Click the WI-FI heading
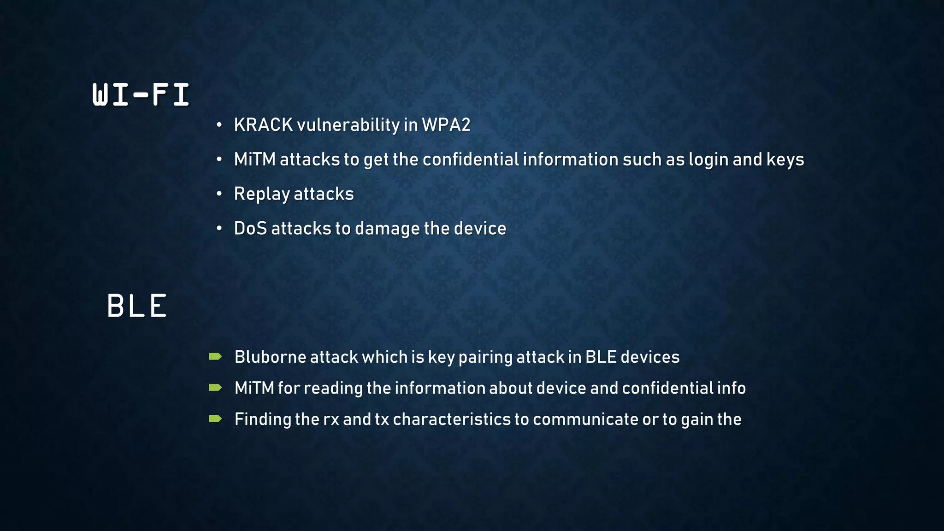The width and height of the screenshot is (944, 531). [x=141, y=95]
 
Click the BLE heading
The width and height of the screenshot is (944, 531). [x=137, y=306]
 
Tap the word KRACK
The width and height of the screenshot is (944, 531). [x=263, y=125]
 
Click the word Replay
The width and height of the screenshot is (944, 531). [x=262, y=194]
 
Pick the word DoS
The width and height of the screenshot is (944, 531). [x=250, y=229]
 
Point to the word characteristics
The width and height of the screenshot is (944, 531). [x=452, y=419]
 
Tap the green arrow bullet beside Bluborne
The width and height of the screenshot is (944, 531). [x=215, y=356]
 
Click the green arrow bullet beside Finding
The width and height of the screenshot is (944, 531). [x=215, y=419]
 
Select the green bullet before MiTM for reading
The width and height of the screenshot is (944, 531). [x=215, y=387]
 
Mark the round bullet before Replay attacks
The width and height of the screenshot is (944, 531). [x=219, y=194]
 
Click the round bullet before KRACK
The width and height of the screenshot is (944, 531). [x=219, y=125]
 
